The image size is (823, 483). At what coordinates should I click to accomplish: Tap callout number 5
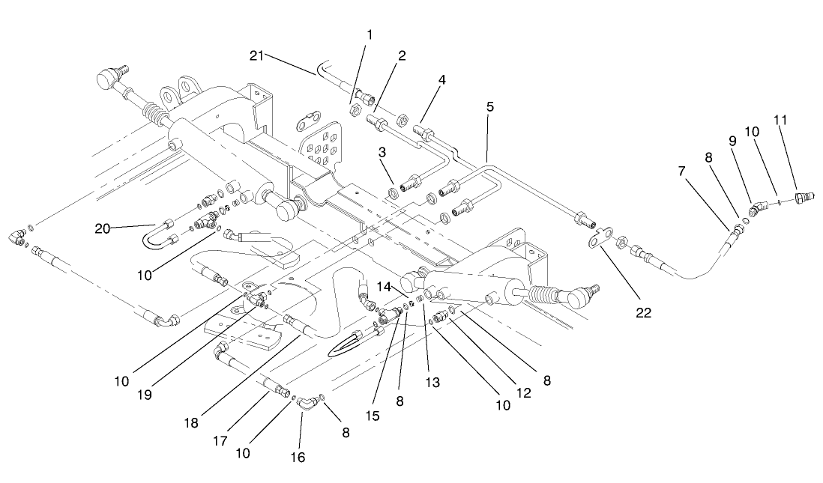[x=489, y=107]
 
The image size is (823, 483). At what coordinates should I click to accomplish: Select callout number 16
[x=298, y=456]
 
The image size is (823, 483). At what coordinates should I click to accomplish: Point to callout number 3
[x=383, y=152]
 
